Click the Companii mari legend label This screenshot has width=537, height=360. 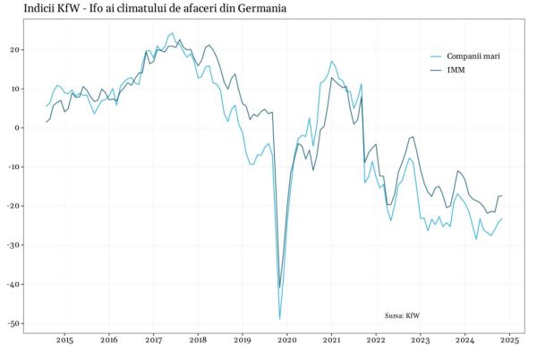click(473, 56)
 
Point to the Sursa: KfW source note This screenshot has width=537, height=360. click(402, 315)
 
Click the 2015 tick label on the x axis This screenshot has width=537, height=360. click(64, 340)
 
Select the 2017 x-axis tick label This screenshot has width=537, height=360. click(153, 340)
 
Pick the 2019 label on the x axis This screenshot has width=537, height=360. click(243, 340)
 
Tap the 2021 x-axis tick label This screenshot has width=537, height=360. click(331, 340)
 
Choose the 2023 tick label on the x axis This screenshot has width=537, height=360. click(421, 340)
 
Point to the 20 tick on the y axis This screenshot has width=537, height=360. click(15, 49)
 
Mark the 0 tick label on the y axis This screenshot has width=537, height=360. click(18, 127)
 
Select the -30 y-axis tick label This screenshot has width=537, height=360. click(13, 245)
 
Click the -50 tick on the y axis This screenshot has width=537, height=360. click(13, 323)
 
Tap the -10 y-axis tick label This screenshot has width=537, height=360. click(13, 167)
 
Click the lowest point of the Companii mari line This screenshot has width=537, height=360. click(280, 319)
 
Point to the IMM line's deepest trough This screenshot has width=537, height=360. click(279, 288)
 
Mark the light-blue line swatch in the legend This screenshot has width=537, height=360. click(437, 56)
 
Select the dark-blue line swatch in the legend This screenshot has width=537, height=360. click(437, 69)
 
